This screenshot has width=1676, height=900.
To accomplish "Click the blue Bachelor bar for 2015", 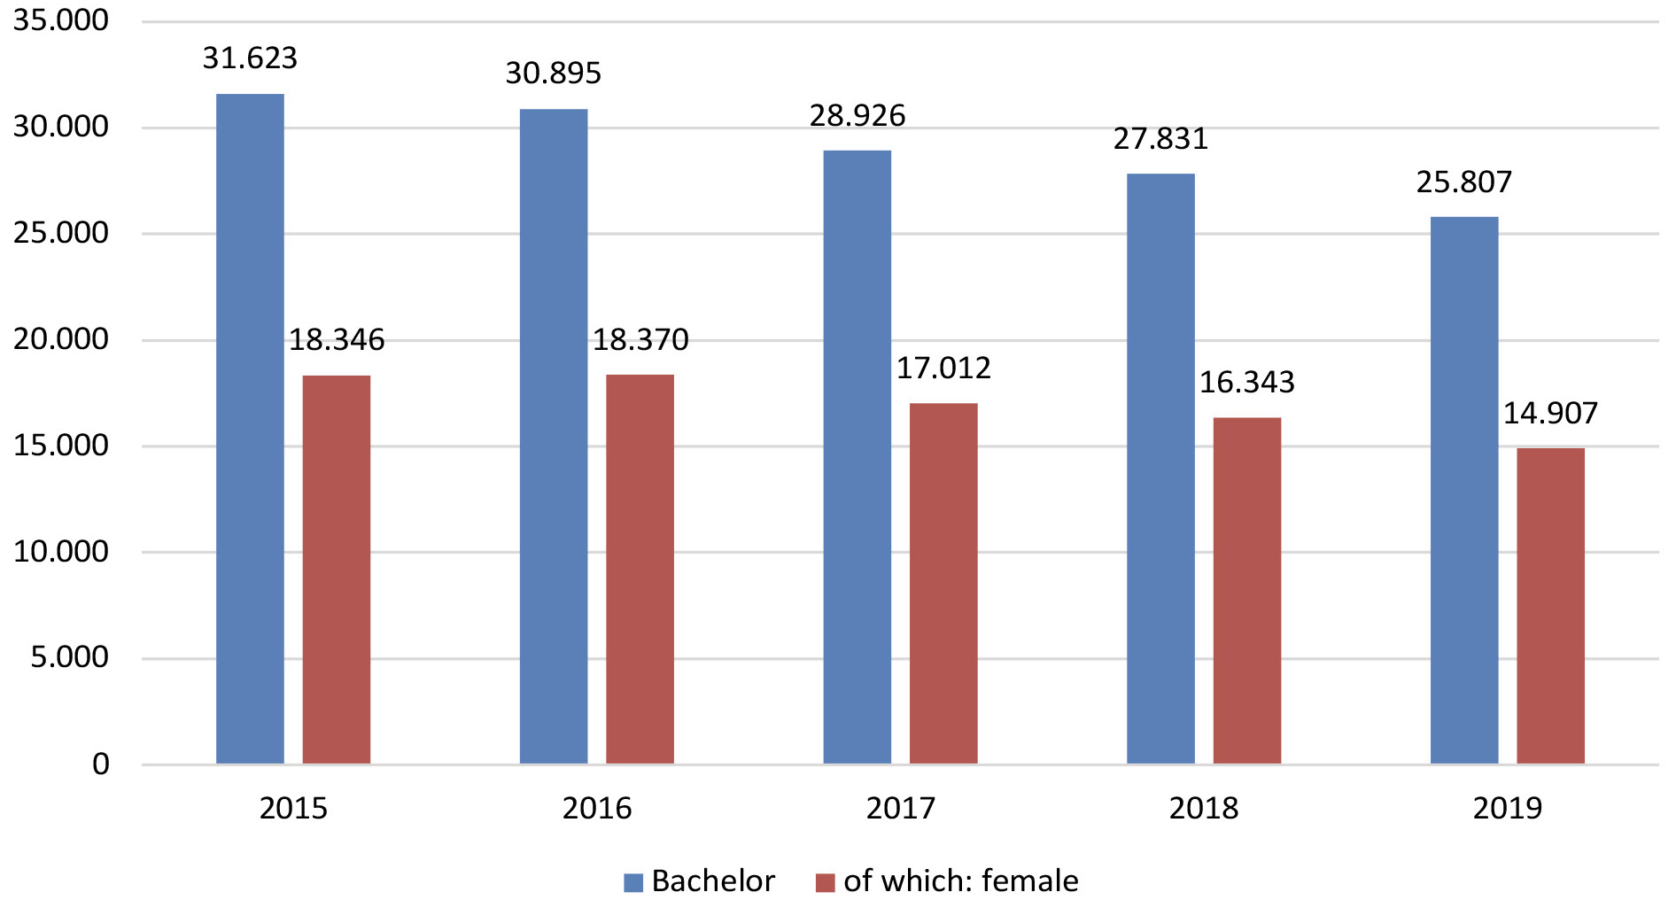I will click(250, 429).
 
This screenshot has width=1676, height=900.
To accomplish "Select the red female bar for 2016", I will click(640, 569).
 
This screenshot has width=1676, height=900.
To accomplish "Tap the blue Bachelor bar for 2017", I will click(857, 457).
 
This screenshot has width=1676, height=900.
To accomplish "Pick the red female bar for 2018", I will click(1246, 590).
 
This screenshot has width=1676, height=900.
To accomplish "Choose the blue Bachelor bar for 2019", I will click(1463, 490).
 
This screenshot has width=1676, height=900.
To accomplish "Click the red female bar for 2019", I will click(1550, 606).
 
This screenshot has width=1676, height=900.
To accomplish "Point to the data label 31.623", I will click(250, 58).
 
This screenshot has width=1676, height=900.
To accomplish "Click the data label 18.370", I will click(640, 340).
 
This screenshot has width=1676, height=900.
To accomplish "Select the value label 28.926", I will click(857, 116).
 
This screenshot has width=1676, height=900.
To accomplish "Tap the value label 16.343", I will click(1246, 383).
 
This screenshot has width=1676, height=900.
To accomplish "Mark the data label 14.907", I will click(1550, 414).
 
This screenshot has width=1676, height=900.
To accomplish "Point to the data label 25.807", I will click(1463, 182).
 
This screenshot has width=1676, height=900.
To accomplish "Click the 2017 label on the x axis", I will click(900, 808).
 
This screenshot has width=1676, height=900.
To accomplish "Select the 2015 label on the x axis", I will click(293, 808).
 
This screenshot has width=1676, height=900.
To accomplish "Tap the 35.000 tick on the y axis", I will click(60, 20).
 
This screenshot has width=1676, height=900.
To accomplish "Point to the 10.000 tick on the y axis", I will click(60, 552).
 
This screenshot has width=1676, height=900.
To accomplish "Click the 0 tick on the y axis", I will click(101, 764).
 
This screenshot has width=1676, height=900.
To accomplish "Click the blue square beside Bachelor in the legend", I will click(633, 882).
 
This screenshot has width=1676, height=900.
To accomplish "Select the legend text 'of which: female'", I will click(960, 881).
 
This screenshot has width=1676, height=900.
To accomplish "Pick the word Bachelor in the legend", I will click(713, 881).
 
